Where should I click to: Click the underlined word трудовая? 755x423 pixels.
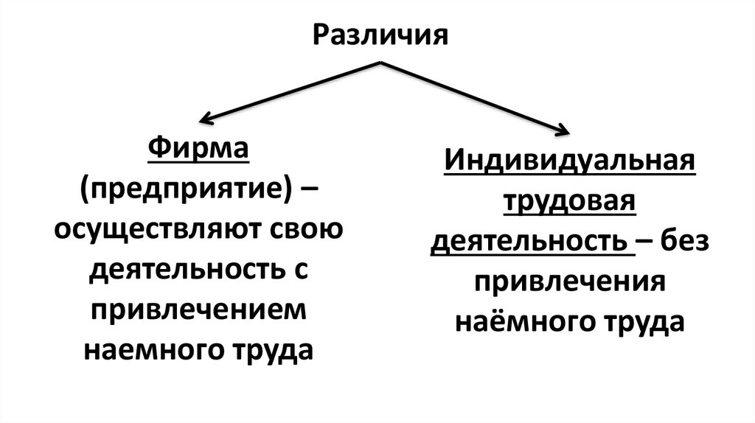pyautogui.click(x=569, y=202)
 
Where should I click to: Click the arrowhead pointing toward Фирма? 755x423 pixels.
pyautogui.click(x=207, y=118)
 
